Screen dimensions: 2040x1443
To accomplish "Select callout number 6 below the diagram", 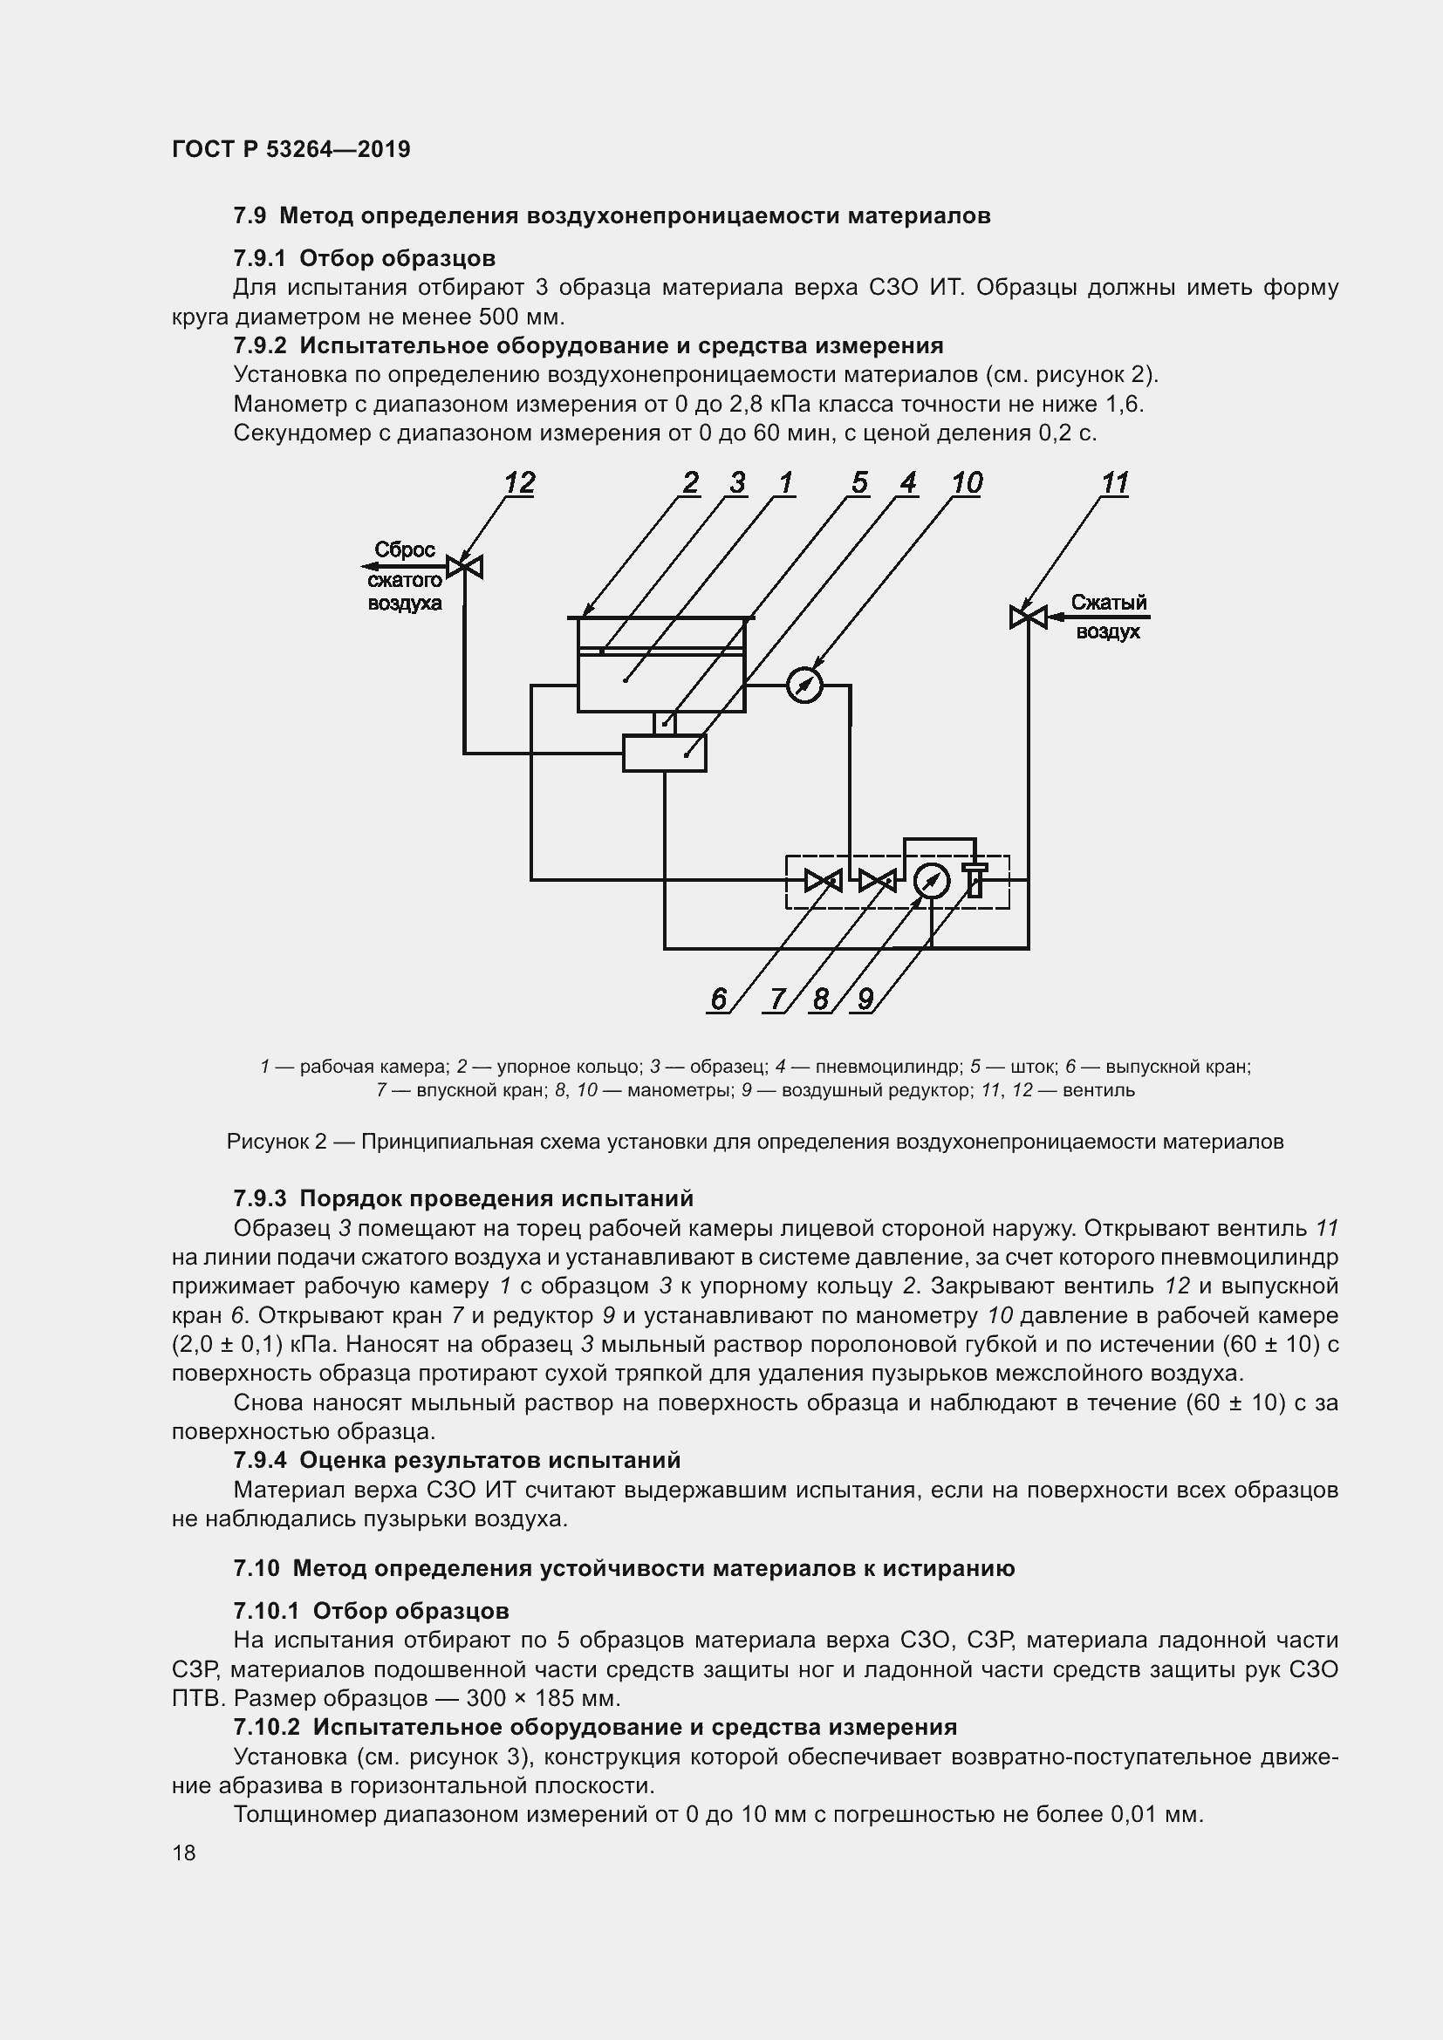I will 718,999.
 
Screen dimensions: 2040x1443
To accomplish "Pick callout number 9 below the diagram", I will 865,999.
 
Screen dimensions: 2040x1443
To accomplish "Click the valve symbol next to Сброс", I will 465,566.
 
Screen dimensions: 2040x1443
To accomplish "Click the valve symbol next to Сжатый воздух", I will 1028,616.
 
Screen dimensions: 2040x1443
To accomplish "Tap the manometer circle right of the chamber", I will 805,685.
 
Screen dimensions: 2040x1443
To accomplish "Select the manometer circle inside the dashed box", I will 931,882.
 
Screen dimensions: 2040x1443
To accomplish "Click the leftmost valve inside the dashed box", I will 823,881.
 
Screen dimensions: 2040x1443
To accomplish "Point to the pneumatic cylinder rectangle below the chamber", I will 664,754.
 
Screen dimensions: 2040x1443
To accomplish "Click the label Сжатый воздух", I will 1108,617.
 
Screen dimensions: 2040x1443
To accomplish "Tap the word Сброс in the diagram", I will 404,550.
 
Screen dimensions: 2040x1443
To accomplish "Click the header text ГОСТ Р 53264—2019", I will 291,149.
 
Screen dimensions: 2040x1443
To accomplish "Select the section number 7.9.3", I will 259,1198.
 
